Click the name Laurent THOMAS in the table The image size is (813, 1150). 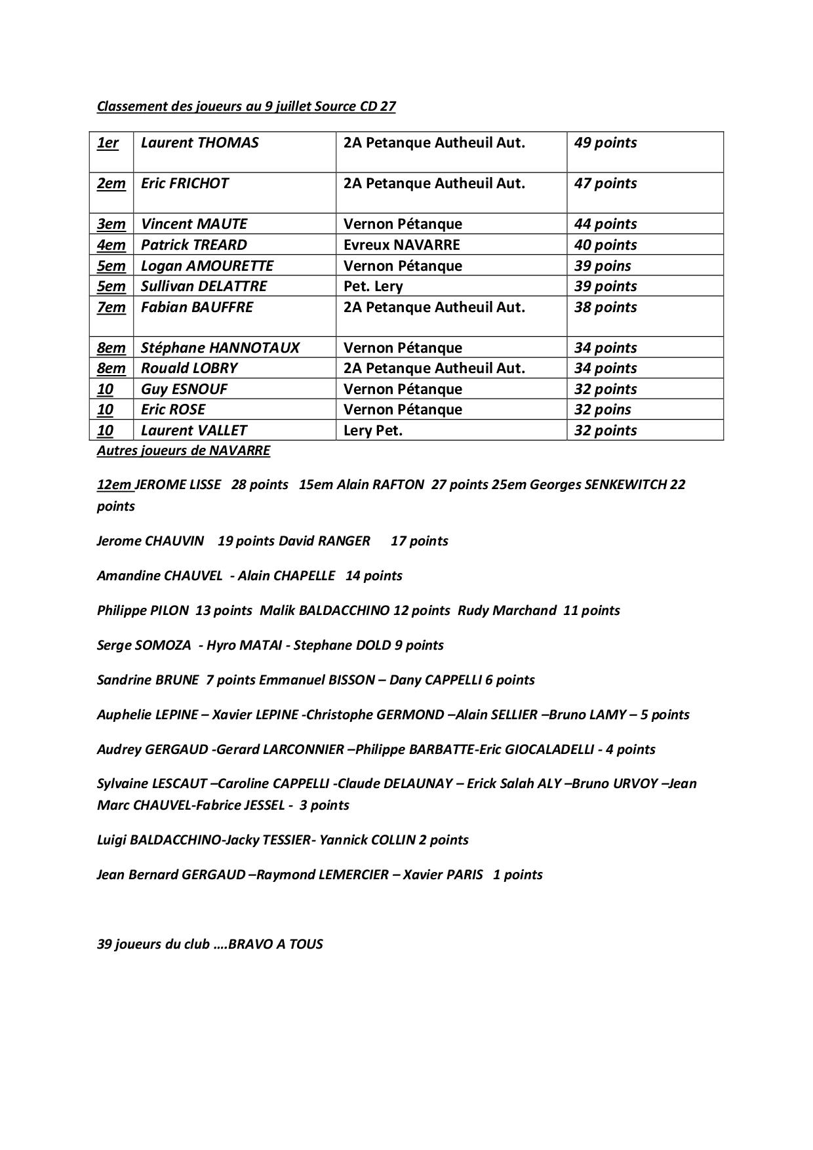click(200, 143)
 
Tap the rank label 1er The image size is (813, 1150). click(108, 143)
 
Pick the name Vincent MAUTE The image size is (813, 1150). click(194, 224)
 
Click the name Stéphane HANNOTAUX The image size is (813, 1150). click(220, 348)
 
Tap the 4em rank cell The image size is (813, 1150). click(111, 245)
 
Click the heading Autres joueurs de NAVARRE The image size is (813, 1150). click(184, 451)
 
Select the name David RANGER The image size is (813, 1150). click(325, 542)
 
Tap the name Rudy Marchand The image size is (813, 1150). click(507, 611)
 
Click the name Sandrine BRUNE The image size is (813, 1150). click(148, 681)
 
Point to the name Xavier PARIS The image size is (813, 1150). click(443, 875)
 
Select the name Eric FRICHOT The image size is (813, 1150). click(185, 184)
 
